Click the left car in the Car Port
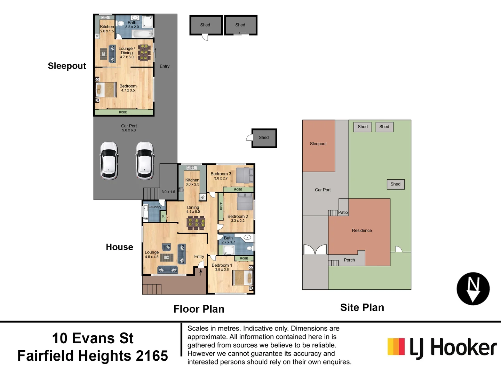pyautogui.click(x=109, y=160)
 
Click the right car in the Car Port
pyautogui.click(x=145, y=160)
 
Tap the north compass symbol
pyautogui.click(x=473, y=289)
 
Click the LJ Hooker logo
pyautogui.click(x=442, y=347)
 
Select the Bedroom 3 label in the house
pyautogui.click(x=221, y=174)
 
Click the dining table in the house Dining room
pyautogui.click(x=196, y=223)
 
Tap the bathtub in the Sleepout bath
pyautogui.click(x=143, y=34)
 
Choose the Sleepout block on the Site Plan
pyautogui.click(x=318, y=146)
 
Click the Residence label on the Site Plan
pyautogui.click(x=362, y=230)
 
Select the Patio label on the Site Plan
pyautogui.click(x=343, y=212)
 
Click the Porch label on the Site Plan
pyautogui.click(x=349, y=260)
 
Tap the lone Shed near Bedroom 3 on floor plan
pyautogui.click(x=264, y=138)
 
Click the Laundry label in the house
pyautogui.click(x=155, y=207)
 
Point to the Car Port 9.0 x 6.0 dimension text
pyautogui.click(x=129, y=130)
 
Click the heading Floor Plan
pyautogui.click(x=199, y=309)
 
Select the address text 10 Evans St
pyautogui.click(x=93, y=338)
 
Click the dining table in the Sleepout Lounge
pyautogui.click(x=144, y=53)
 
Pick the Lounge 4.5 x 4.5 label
pyautogui.click(x=152, y=254)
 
